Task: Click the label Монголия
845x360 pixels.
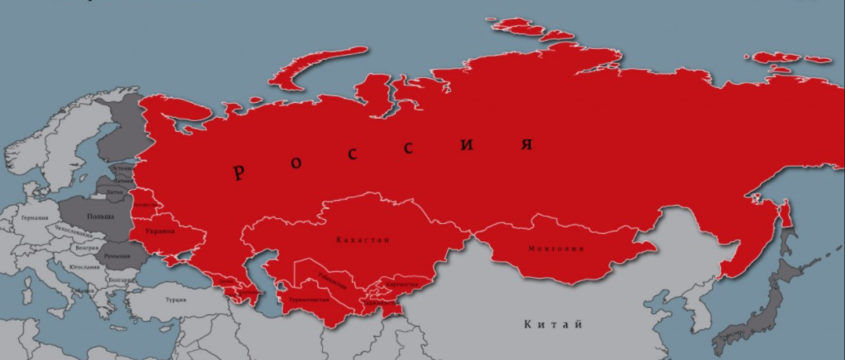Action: point(556,249)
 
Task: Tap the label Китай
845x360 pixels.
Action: point(553,325)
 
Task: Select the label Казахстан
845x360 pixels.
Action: point(363,240)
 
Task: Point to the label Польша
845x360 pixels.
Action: point(100,216)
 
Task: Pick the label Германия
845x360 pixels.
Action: point(35,218)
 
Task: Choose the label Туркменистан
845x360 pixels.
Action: point(308,300)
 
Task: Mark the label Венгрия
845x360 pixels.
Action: point(87,249)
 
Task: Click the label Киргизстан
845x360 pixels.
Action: point(401,285)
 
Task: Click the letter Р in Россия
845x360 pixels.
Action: point(239,172)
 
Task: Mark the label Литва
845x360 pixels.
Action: point(115,191)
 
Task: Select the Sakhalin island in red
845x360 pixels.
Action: point(787,218)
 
